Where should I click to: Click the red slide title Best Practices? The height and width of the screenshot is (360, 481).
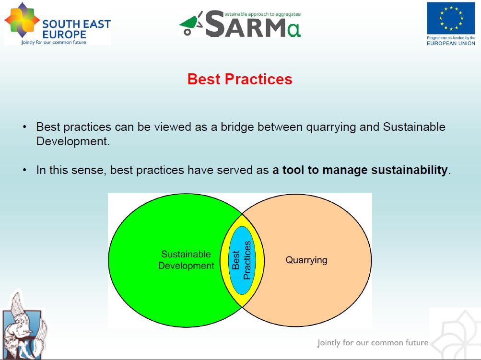tap(240, 79)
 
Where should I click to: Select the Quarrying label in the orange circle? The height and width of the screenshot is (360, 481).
tap(306, 260)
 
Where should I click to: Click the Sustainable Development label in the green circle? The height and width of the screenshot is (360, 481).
tap(186, 260)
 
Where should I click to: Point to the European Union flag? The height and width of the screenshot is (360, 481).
tap(451, 18)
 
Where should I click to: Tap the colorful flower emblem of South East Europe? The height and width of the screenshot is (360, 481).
tap(22, 22)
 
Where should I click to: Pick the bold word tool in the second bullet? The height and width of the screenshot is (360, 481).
tap(293, 170)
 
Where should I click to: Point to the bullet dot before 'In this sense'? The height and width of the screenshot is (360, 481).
tap(24, 170)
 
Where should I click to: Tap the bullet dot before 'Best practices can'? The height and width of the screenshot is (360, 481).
tap(24, 128)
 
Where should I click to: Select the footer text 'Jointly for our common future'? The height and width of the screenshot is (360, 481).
tap(373, 343)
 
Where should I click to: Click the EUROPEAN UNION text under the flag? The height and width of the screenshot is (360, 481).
tap(451, 43)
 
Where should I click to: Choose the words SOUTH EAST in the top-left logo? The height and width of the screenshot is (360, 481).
tap(76, 24)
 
